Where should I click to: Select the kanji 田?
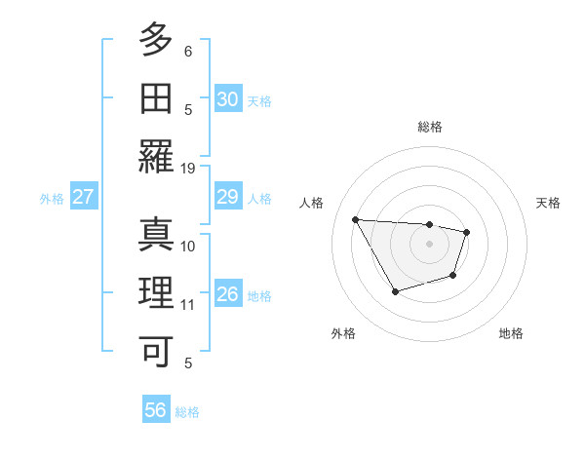click(156, 98)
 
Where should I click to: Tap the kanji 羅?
click(156, 157)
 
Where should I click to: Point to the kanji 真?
click(156, 234)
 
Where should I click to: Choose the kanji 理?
click(156, 293)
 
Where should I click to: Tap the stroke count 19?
click(188, 168)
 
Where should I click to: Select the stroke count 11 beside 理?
click(188, 305)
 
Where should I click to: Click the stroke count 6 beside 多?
click(188, 51)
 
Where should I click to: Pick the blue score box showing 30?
click(228, 99)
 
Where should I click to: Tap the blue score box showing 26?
click(228, 295)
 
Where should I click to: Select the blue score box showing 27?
click(84, 198)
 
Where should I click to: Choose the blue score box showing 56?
click(156, 410)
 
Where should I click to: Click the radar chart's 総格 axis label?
click(430, 127)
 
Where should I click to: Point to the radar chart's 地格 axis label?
click(511, 333)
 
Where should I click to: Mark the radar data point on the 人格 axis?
click(355, 219)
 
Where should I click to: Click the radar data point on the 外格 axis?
click(395, 291)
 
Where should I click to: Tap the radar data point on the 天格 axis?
click(467, 232)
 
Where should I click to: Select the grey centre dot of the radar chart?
click(430, 244)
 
